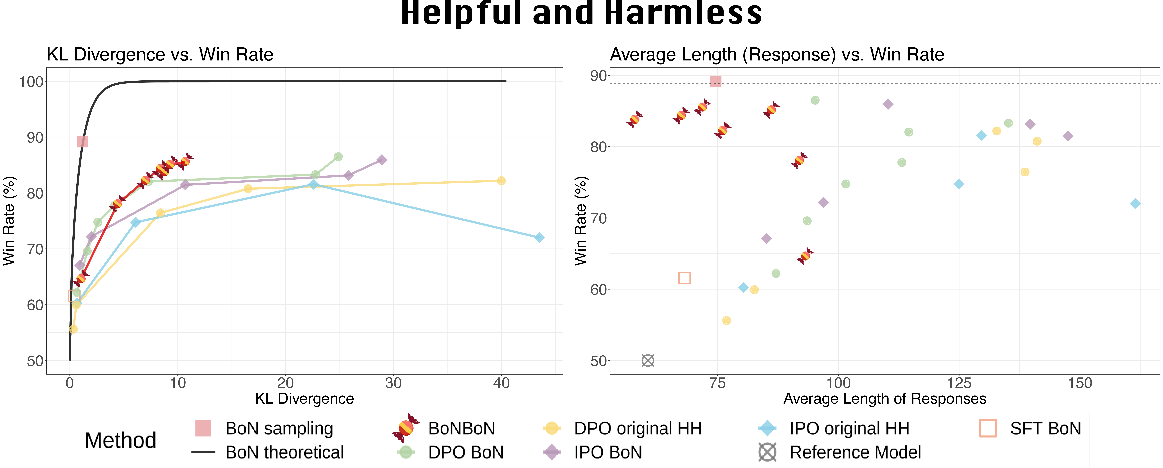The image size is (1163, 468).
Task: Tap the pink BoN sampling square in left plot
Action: tap(83, 142)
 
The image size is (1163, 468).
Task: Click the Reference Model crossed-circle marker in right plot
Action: tap(648, 360)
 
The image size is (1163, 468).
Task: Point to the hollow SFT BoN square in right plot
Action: tap(684, 278)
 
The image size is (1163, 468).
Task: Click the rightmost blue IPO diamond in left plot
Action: tap(539, 238)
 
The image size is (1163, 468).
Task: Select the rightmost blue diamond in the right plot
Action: tap(1135, 204)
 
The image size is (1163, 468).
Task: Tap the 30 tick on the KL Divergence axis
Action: tap(393, 383)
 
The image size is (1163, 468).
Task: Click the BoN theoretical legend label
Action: tap(284, 452)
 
